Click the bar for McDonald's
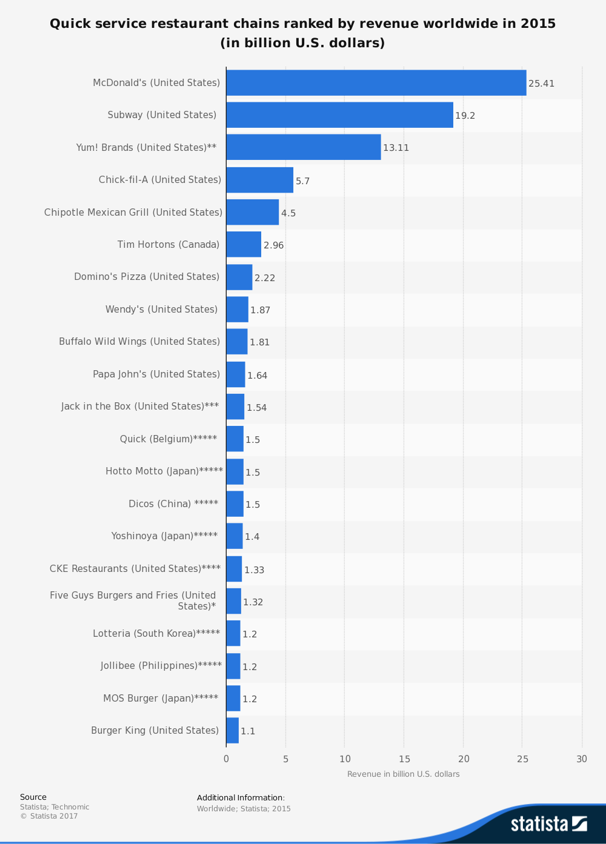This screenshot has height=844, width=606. (x=376, y=83)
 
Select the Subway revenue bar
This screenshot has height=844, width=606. (x=339, y=115)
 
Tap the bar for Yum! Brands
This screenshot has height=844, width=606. (x=303, y=147)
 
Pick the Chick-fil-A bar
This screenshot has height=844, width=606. (x=259, y=180)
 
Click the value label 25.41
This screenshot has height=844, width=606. (x=541, y=84)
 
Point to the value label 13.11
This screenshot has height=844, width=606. (x=396, y=148)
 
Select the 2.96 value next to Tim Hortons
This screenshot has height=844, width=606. (x=273, y=245)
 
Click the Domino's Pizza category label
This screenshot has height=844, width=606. (x=147, y=277)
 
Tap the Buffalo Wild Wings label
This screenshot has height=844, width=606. (x=139, y=342)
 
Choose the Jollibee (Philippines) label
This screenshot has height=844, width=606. (x=161, y=666)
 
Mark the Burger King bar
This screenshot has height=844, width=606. (x=232, y=731)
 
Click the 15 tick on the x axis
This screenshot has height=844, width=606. (x=404, y=759)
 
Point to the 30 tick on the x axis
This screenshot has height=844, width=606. (x=582, y=759)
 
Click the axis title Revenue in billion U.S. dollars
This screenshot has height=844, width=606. (x=403, y=774)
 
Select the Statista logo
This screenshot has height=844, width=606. (x=548, y=824)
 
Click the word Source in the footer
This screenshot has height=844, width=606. (x=33, y=797)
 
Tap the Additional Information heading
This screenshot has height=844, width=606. (x=241, y=798)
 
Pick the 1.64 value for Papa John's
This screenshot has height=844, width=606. (x=257, y=376)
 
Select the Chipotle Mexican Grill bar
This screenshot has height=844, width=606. (x=252, y=212)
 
